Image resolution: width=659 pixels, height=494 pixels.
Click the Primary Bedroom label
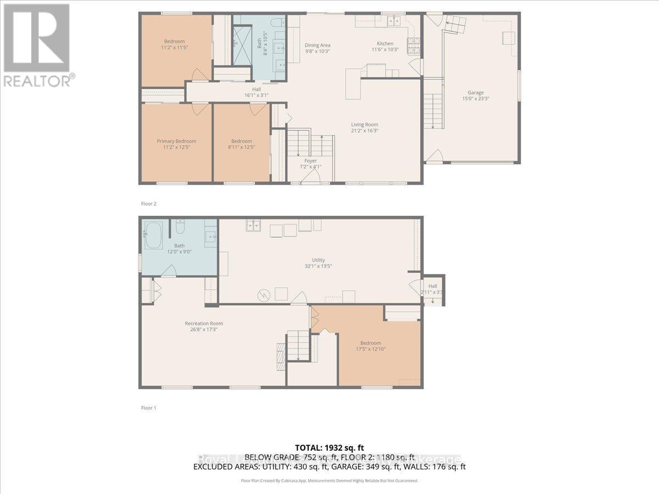(176, 141)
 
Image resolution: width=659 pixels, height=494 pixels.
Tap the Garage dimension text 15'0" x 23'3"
(476, 99)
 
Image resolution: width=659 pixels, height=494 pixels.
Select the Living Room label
(365, 125)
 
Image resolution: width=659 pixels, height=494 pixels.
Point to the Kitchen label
(384, 43)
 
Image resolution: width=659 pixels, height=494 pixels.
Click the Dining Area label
(317, 45)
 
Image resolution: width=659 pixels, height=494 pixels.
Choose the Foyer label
(310, 161)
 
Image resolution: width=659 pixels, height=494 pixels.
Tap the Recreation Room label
(204, 323)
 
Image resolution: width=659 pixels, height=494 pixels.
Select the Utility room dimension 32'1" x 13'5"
(319, 266)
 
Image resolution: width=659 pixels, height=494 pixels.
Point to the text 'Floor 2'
(149, 204)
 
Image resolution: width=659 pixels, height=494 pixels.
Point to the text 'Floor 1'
(149, 408)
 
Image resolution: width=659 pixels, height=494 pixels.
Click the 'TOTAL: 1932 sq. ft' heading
(329, 448)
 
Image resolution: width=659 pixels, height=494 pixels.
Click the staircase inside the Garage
(433, 110)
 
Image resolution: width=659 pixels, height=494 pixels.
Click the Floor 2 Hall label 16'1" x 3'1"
(256, 92)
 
